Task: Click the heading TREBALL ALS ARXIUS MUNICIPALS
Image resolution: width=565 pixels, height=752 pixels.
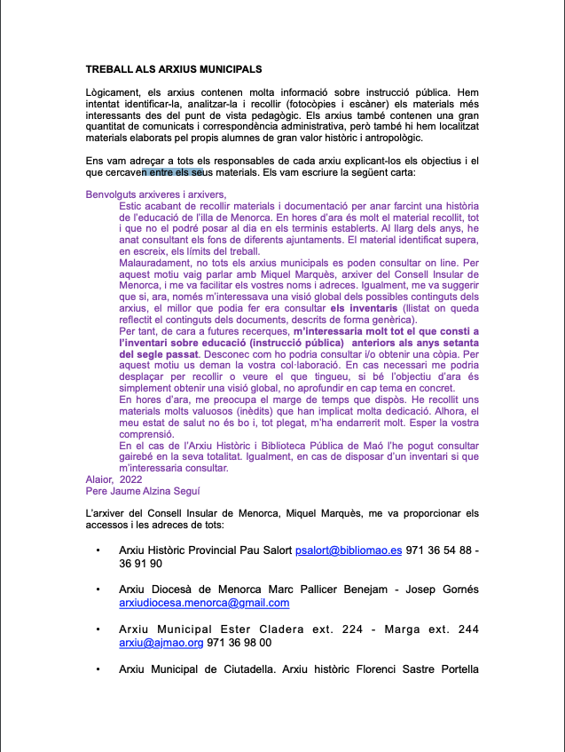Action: tap(174, 68)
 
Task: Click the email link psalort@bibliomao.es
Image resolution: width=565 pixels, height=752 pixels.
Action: tap(349, 550)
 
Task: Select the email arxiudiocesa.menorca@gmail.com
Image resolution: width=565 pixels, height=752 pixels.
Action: tap(204, 603)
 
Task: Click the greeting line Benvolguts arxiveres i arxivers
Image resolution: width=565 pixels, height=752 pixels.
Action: tap(156, 194)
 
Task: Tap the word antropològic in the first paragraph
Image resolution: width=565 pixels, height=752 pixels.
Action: tap(395, 138)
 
